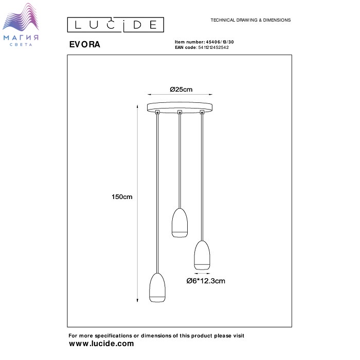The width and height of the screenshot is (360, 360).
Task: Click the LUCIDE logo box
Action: point(116,25)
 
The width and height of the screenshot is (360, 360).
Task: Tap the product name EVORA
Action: point(85,44)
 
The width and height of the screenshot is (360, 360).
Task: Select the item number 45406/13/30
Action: point(220,42)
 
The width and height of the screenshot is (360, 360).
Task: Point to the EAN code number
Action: point(213,47)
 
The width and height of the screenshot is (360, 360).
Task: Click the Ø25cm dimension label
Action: point(181,89)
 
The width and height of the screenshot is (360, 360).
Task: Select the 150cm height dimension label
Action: point(122,197)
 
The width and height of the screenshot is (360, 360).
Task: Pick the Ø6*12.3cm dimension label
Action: point(206,281)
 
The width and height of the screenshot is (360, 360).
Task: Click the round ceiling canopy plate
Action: point(179,107)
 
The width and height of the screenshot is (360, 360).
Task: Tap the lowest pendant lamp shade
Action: point(157,287)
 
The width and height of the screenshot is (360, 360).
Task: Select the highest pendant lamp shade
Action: point(180,223)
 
